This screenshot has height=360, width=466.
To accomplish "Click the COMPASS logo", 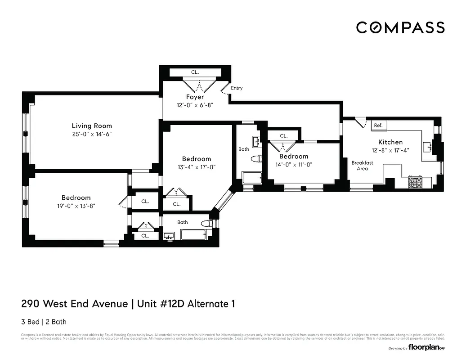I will tap(400, 27).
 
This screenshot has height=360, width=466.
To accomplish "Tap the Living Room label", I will tap(92, 126).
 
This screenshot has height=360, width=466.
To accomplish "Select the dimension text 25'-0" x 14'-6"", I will tap(92, 134).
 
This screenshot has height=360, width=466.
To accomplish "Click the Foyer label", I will tap(195, 97).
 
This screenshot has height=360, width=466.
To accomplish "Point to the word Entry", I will tap(237, 88).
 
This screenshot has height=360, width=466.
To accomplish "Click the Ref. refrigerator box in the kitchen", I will tap(378, 126).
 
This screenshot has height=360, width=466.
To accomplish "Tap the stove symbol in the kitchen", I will tap(414, 182).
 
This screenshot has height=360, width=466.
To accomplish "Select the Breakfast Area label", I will tap(362, 166).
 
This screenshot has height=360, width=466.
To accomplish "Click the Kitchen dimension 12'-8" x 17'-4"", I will tap(390, 151).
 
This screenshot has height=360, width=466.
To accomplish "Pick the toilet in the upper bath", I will tap(257, 159).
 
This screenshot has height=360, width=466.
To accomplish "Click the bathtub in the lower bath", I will tap(193, 234).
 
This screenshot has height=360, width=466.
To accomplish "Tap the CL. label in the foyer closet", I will tap(195, 72).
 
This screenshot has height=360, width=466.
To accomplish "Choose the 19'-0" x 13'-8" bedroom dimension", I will tap(76, 206).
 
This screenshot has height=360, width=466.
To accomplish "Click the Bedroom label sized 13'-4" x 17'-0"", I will tap(196, 159).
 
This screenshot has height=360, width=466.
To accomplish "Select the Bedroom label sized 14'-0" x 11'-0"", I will tap(293, 157).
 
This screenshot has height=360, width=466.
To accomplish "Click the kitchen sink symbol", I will tap(427, 146).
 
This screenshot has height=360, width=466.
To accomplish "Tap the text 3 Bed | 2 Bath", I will tap(44, 322).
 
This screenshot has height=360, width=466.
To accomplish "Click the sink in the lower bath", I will tap(170, 235).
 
